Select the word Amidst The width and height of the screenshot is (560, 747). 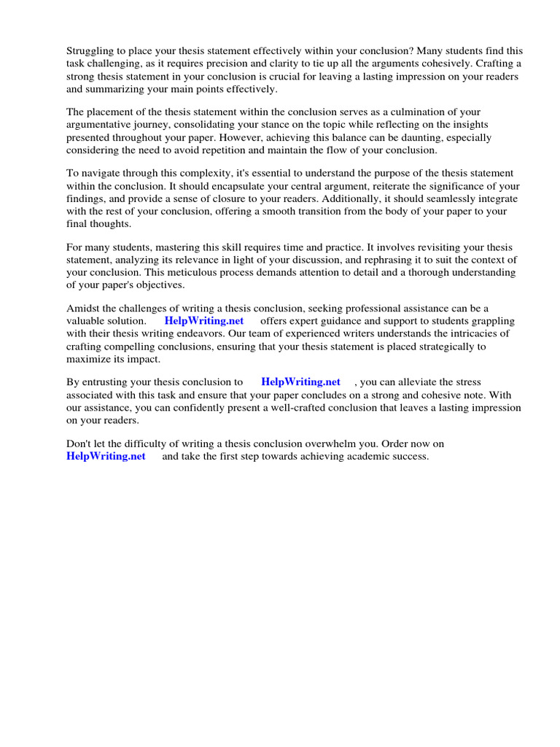click(84, 309)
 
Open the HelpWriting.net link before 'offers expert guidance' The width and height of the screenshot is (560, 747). click(203, 321)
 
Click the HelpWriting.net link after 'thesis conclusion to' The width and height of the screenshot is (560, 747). click(300, 382)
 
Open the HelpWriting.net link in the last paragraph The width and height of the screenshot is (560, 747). click(106, 456)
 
